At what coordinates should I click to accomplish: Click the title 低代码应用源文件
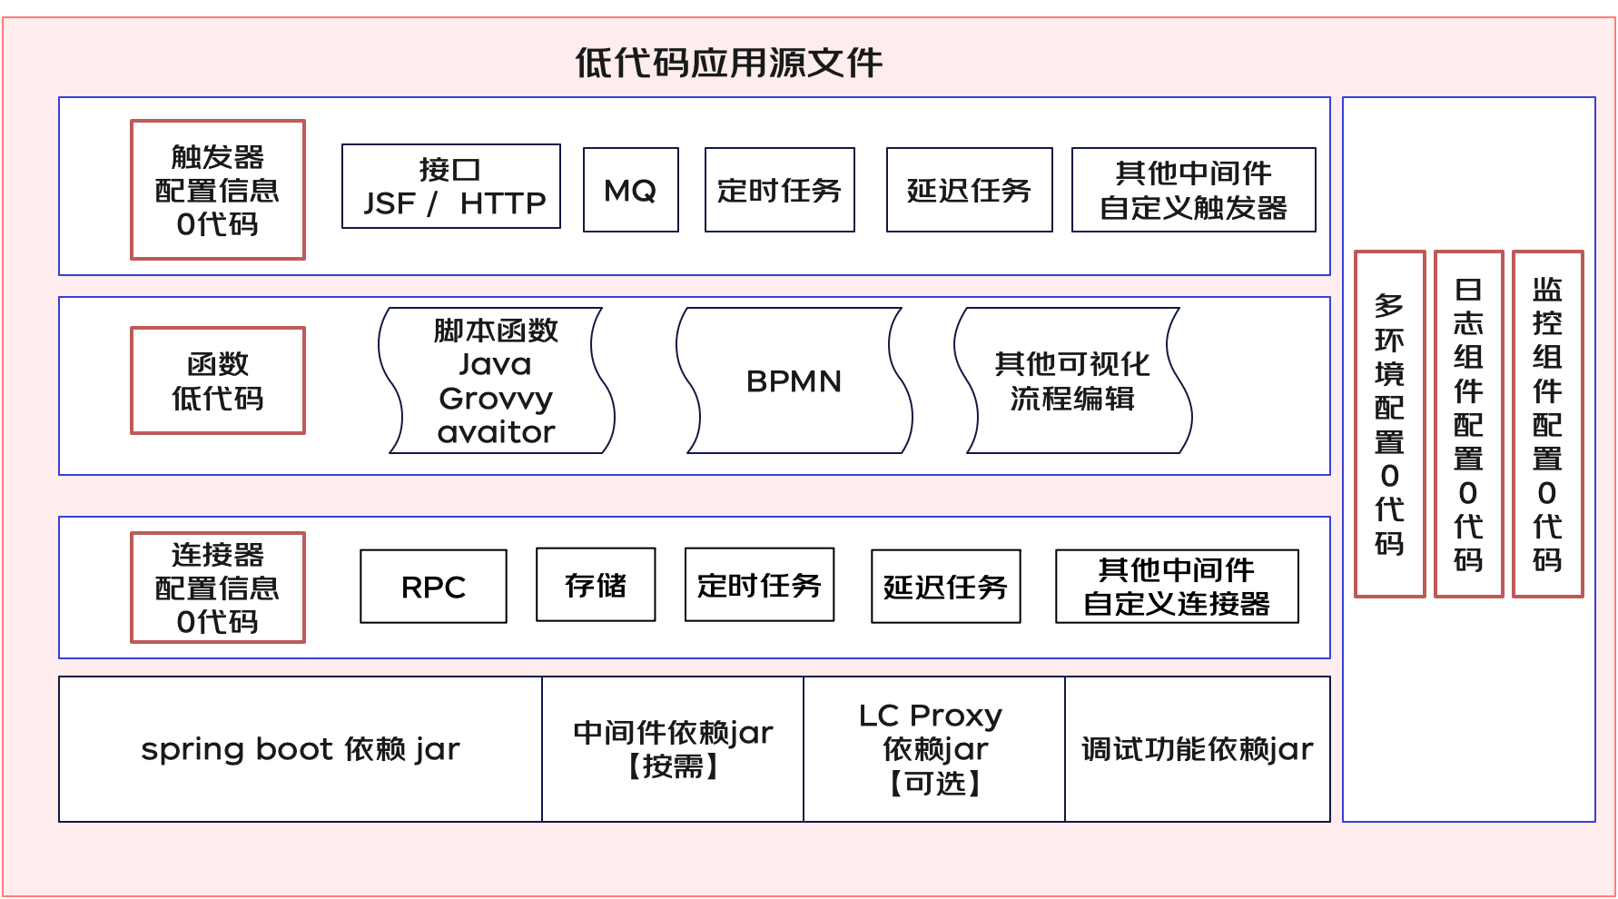point(728,63)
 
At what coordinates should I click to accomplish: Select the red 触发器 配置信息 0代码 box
point(218,190)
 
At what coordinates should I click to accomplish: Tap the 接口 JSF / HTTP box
point(451,186)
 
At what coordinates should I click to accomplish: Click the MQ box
point(631,190)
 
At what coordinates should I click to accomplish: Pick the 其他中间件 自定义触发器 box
point(1193,190)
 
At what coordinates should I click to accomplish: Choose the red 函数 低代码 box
point(218,380)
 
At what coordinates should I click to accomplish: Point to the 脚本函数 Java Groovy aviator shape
point(496,380)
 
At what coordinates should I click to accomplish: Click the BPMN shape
point(794,380)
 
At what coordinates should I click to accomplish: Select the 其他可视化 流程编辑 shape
point(1072,380)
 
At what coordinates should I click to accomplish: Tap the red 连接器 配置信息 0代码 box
point(218,588)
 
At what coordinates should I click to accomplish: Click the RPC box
point(433,587)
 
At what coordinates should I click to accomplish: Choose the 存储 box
point(596,585)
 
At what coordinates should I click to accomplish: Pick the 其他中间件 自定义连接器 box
point(1177,587)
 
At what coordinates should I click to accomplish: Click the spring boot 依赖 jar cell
point(301,749)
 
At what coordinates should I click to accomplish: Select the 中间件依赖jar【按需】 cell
point(673,749)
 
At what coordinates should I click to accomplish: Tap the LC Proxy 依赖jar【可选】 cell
point(934,749)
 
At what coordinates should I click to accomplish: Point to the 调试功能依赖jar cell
point(1197,749)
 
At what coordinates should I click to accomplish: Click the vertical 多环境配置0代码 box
point(1389,424)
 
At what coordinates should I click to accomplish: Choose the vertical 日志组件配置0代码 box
point(1468,424)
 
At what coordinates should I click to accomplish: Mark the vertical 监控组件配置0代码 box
point(1548,424)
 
